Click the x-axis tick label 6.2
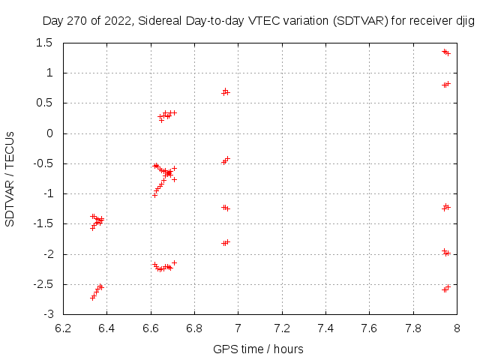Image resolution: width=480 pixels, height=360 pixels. pyautogui.click(x=63, y=327)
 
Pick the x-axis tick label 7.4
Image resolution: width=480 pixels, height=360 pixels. pyautogui.click(x=325, y=327)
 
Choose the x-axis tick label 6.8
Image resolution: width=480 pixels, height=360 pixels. pyautogui.click(x=194, y=327)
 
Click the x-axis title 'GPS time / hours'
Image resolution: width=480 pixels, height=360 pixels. pyautogui.click(x=258, y=349)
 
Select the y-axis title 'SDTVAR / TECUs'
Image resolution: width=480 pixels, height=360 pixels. pyautogui.click(x=10, y=178)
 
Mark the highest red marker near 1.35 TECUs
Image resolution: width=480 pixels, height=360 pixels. pyautogui.click(x=445, y=51)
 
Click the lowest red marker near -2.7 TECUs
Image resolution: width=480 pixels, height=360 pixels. pyautogui.click(x=93, y=298)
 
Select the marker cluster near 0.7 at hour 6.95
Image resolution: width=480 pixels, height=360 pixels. pyautogui.click(x=225, y=92)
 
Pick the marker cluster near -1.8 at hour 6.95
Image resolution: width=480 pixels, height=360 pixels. pyautogui.click(x=225, y=242)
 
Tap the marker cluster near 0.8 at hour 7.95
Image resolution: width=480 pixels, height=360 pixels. pyautogui.click(x=445, y=85)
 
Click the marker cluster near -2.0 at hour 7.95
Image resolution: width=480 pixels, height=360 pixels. pyautogui.click(x=445, y=253)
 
